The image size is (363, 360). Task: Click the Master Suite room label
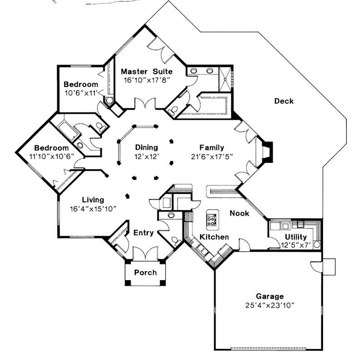[147, 71]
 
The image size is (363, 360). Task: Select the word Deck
[284, 101]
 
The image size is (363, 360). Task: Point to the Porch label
[146, 272]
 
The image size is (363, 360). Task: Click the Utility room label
[295, 237]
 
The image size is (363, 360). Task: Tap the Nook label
[239, 213]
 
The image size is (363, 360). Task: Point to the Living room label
[93, 199]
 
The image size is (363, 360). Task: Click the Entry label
[143, 233]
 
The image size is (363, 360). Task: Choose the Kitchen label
[214, 237]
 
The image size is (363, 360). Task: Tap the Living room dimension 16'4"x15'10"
[93, 209]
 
